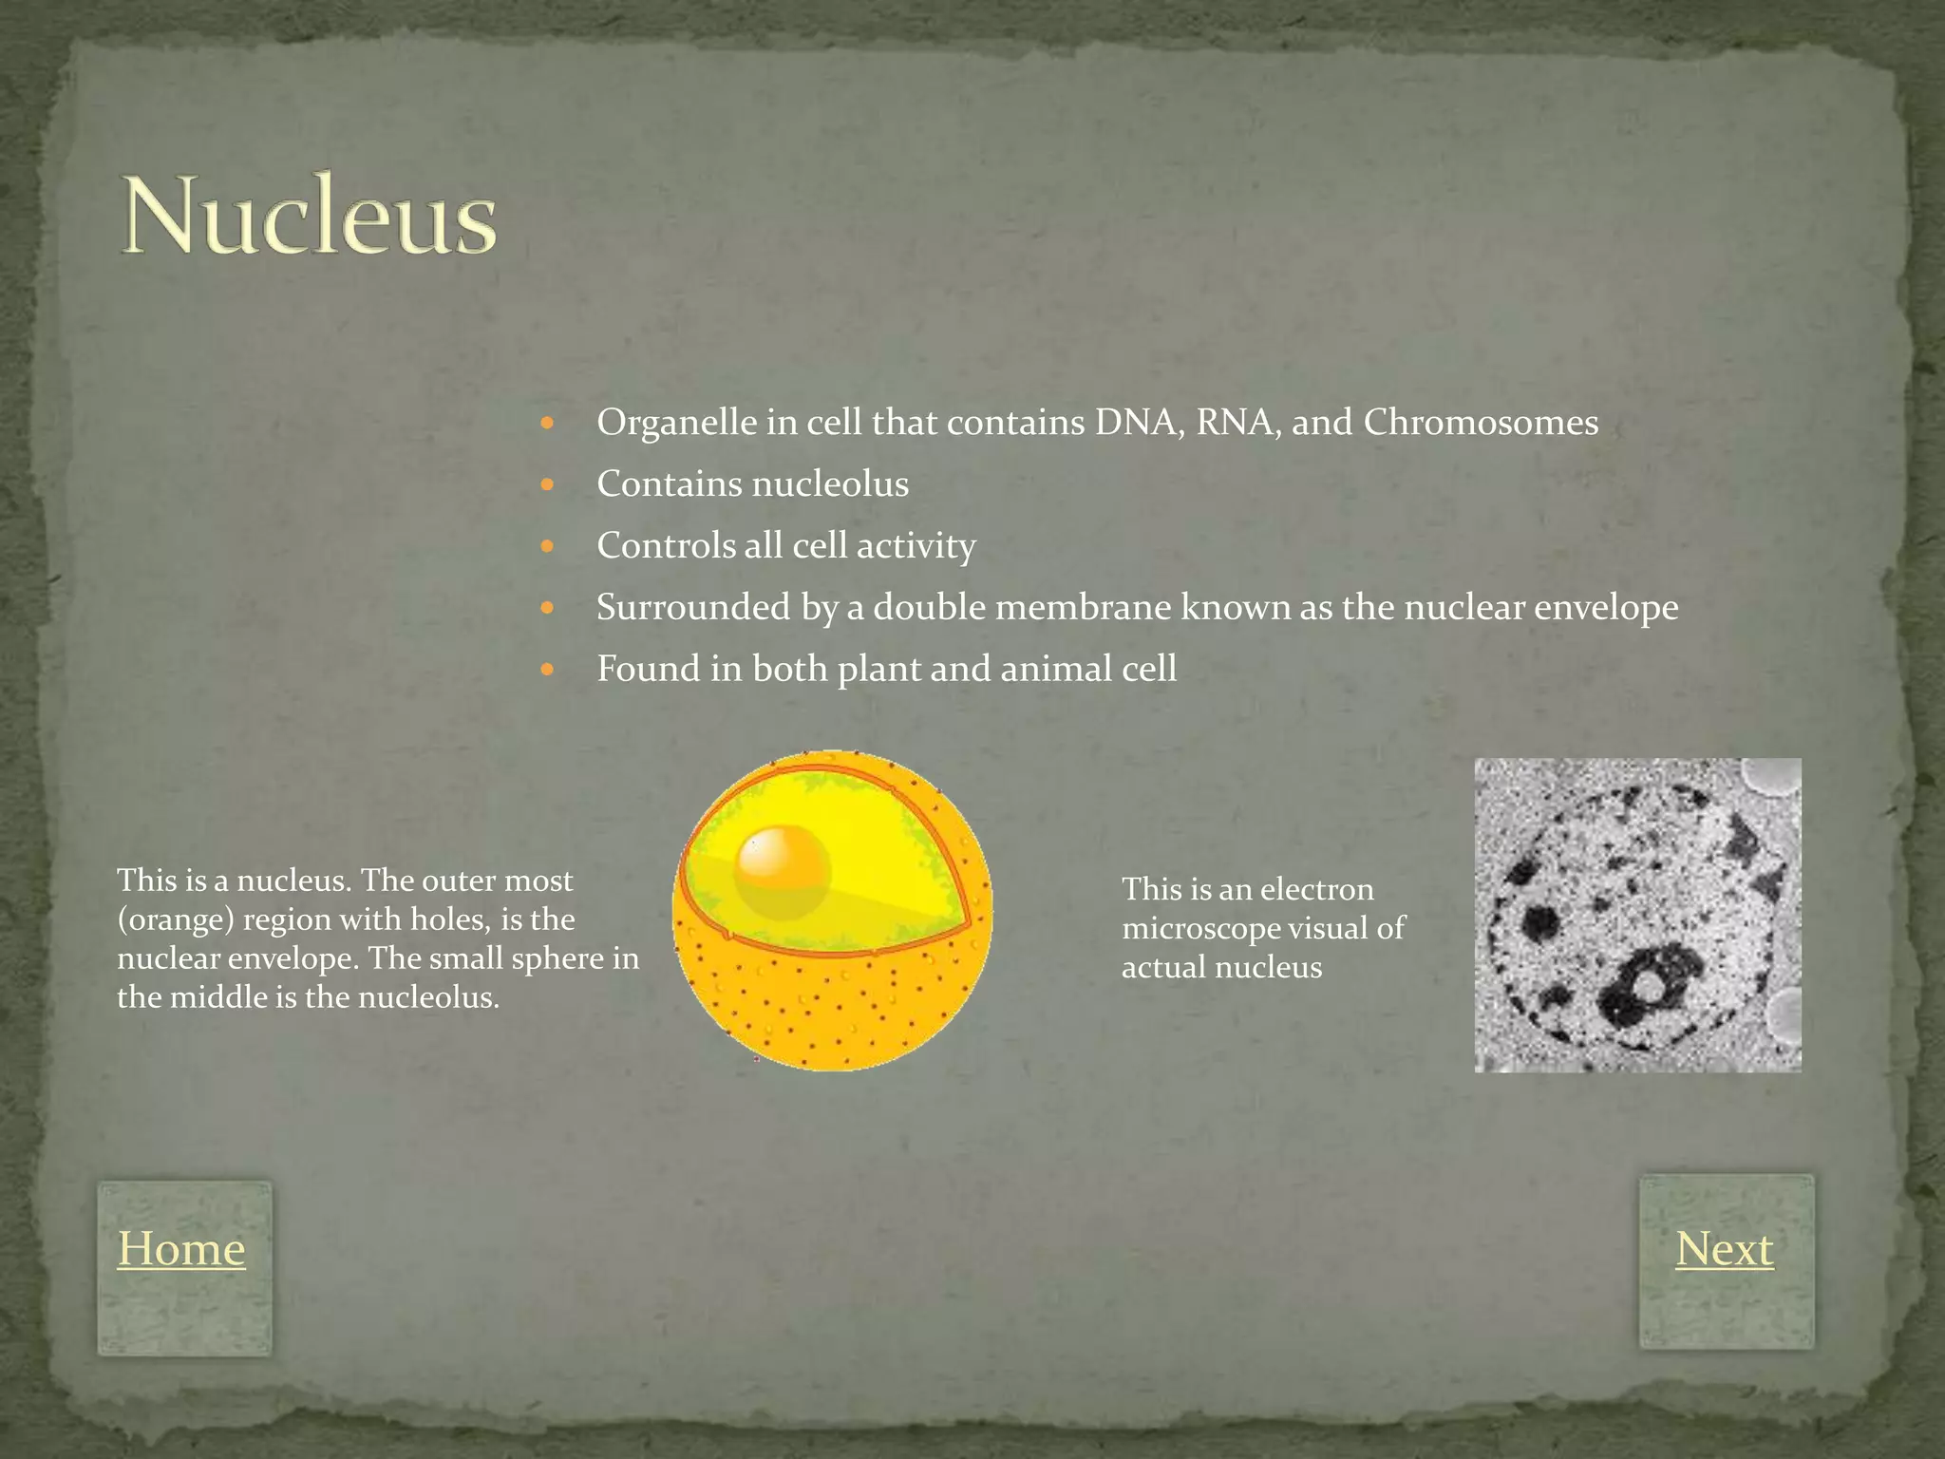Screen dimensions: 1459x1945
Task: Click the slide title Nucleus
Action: pos(309,217)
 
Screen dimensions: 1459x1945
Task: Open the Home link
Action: pos(181,1248)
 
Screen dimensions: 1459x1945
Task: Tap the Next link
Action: pos(1724,1248)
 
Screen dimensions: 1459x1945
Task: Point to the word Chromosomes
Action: pos(1481,423)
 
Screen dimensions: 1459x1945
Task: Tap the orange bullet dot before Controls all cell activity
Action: pos(546,546)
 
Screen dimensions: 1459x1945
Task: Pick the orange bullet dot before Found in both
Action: pos(546,670)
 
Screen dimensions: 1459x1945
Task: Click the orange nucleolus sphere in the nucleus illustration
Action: pos(781,868)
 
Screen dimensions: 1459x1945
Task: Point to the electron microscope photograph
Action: pos(1636,915)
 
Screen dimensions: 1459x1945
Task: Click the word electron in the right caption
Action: pos(1316,889)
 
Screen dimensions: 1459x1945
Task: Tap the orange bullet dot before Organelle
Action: pos(546,423)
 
